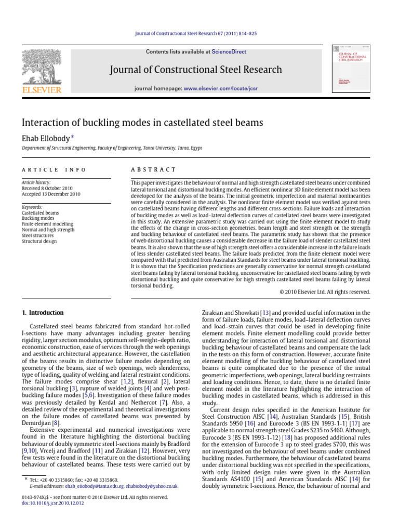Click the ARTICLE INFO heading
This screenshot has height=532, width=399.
click(54, 170)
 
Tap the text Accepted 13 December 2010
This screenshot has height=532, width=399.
click(54, 194)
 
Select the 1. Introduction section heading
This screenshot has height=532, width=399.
click(43, 313)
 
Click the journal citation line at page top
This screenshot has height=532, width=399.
click(199, 33)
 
